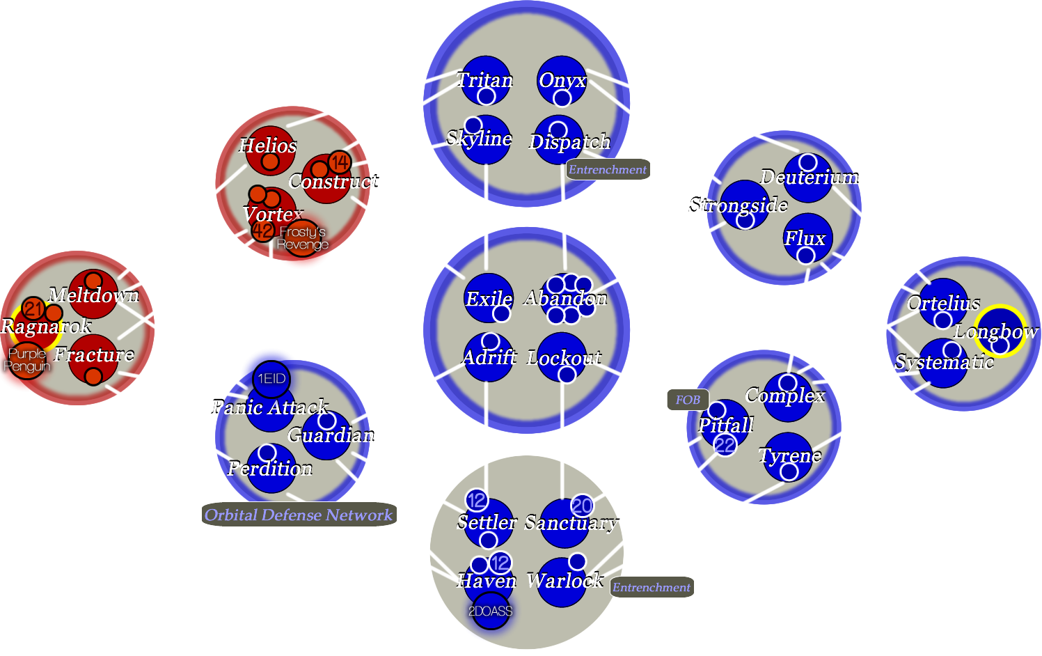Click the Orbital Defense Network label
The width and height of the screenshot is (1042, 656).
pos(299,515)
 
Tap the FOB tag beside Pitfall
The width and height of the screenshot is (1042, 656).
pos(688,400)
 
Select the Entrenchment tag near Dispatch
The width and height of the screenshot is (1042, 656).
pos(608,169)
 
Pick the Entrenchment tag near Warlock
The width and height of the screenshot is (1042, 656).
pos(652,587)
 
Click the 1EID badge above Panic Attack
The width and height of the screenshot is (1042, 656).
pos(271,379)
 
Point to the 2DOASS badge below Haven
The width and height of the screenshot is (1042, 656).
pos(490,611)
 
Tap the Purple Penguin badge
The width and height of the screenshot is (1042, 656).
pos(26,360)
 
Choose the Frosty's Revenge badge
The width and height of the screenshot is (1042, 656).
pos(302,238)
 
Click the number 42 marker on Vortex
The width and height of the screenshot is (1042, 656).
pos(263,230)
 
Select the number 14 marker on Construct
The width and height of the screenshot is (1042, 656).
pos(340,163)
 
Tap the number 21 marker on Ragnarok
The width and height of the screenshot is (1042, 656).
pos(33,308)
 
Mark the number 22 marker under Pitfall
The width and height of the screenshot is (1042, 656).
pos(725,445)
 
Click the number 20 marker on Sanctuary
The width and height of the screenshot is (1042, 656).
pos(582,506)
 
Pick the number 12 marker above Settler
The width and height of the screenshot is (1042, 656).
pos(477,500)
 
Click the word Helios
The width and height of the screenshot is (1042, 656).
pos(268,146)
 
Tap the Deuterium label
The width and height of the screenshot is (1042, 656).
pos(810,177)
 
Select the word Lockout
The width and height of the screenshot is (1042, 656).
pos(565,358)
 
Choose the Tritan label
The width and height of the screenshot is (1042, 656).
pos(485,80)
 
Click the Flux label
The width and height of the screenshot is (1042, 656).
pos(805,238)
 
